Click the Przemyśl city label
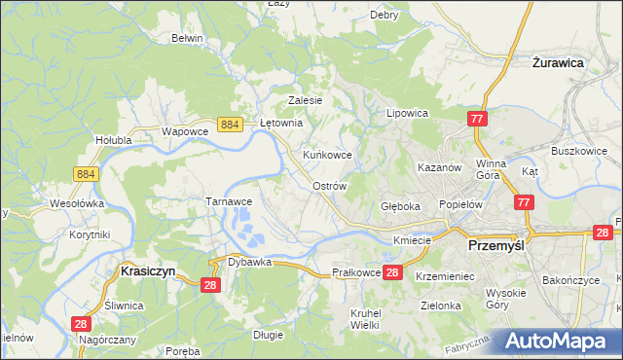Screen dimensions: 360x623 tap(496, 246)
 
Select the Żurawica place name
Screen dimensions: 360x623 tap(558, 61)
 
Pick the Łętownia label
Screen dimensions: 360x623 tap(283, 124)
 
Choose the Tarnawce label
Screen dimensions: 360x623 tap(229, 200)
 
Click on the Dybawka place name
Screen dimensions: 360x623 tap(248, 262)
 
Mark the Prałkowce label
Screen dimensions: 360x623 tap(355, 273)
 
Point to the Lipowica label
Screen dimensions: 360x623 tap(408, 113)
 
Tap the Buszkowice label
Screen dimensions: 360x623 tap(579, 152)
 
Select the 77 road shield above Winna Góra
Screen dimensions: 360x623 tap(477, 119)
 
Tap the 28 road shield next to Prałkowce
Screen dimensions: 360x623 tap(392, 272)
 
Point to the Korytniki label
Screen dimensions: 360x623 tap(90, 234)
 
